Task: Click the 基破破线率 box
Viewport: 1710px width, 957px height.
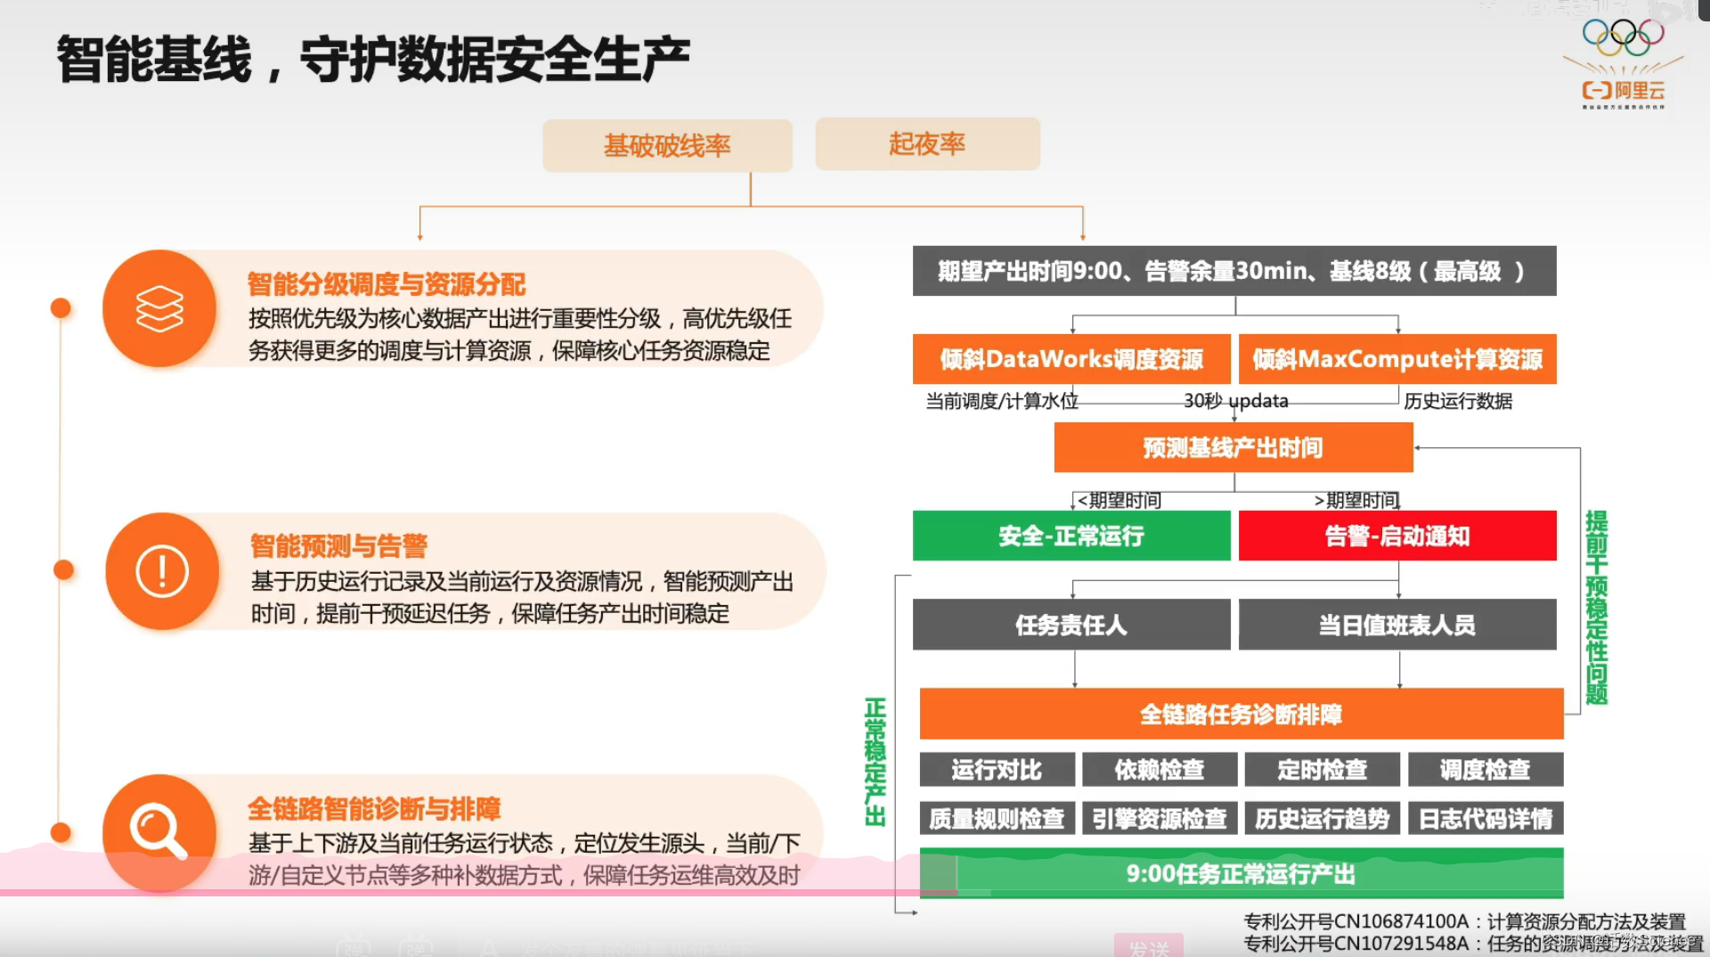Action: pyautogui.click(x=667, y=145)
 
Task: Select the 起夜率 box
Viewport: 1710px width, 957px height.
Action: pyautogui.click(x=927, y=143)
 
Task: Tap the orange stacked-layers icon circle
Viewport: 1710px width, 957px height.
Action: pyautogui.click(x=159, y=308)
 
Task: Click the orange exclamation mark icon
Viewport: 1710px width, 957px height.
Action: pyautogui.click(x=162, y=571)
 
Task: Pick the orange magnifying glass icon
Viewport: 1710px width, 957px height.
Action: pyautogui.click(x=159, y=832)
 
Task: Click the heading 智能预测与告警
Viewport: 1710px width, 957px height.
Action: pyautogui.click(x=338, y=545)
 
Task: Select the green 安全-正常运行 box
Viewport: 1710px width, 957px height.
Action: pyautogui.click(x=1071, y=536)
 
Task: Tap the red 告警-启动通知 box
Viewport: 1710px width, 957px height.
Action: pyautogui.click(x=1396, y=536)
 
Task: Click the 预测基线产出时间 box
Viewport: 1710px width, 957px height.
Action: pyautogui.click(x=1233, y=447)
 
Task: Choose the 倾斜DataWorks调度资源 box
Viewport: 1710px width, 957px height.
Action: pyautogui.click(x=1071, y=359)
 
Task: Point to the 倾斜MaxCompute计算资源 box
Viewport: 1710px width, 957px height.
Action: pyautogui.click(x=1396, y=359)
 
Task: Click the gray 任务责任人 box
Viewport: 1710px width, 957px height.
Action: pyautogui.click(x=1071, y=625)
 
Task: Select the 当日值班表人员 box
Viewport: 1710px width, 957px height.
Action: pyautogui.click(x=1396, y=625)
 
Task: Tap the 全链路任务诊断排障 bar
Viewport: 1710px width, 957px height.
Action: pyautogui.click(x=1241, y=714)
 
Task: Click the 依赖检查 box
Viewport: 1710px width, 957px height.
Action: pyautogui.click(x=1159, y=769)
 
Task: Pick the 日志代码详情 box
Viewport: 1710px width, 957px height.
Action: pyautogui.click(x=1485, y=818)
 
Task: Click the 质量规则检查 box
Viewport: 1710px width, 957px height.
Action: pyautogui.click(x=997, y=818)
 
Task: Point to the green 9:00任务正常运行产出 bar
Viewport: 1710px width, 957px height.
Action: pyautogui.click(x=1241, y=873)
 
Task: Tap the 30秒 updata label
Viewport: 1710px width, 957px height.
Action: pyautogui.click(x=1235, y=401)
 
